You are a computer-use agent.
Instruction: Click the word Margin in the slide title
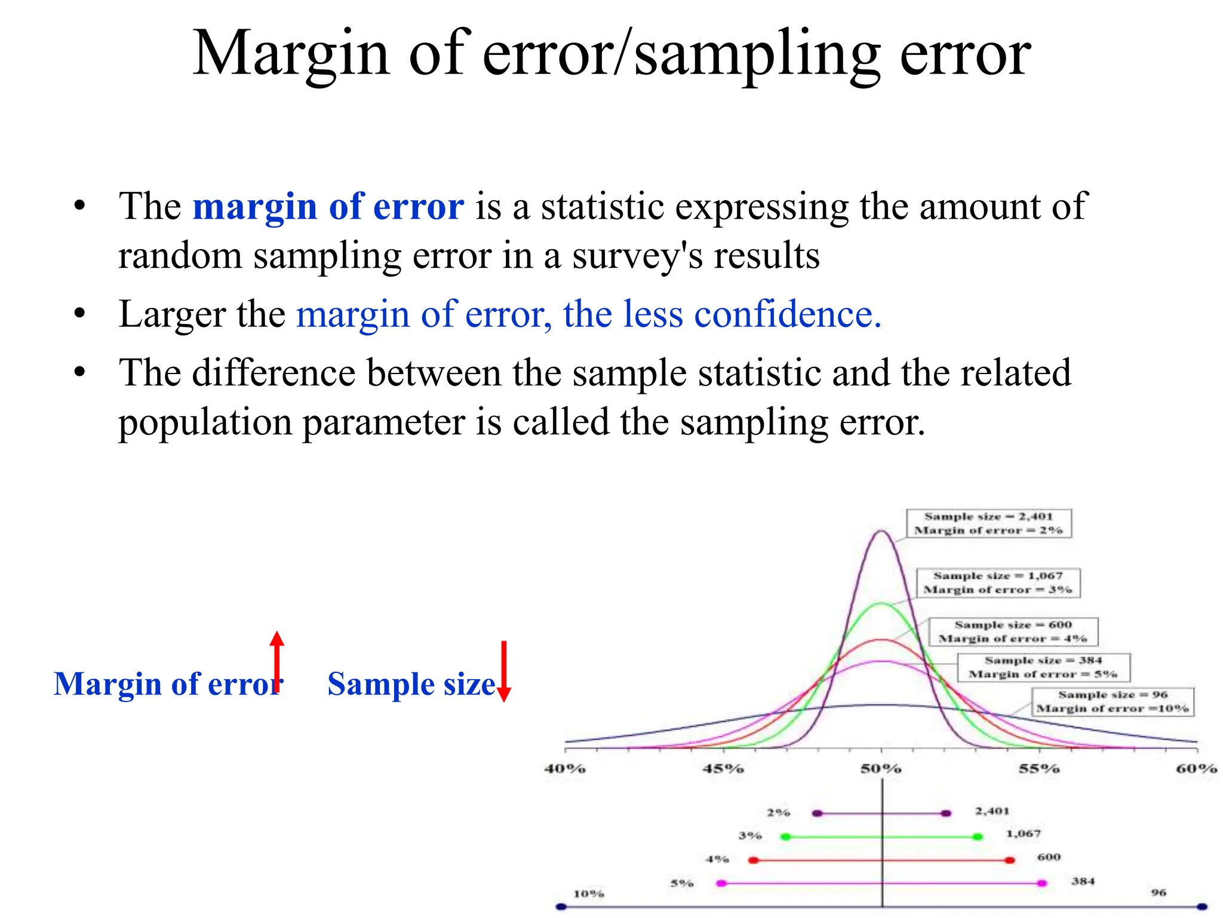pos(291,55)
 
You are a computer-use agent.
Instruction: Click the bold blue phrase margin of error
pos(328,207)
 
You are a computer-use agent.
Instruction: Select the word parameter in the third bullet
pos(384,423)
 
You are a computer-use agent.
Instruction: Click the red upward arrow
pos(276,660)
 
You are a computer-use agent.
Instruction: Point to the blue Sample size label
pos(411,684)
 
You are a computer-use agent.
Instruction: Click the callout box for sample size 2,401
pos(988,523)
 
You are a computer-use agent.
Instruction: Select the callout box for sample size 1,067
pos(998,583)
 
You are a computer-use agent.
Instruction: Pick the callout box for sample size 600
pos(1013,632)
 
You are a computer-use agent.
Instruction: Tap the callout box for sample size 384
pos(1043,667)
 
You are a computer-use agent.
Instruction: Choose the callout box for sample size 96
pos(1113,702)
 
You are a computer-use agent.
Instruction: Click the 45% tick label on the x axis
pos(723,769)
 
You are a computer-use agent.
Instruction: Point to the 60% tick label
pos(1196,769)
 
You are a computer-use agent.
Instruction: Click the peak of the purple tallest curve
pos(881,531)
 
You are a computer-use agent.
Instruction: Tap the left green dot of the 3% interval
pos(786,837)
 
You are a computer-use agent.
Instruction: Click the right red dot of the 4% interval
pos(1010,860)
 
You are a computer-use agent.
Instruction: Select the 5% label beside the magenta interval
pos(681,883)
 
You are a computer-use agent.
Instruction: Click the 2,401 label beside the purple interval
pos(992,811)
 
